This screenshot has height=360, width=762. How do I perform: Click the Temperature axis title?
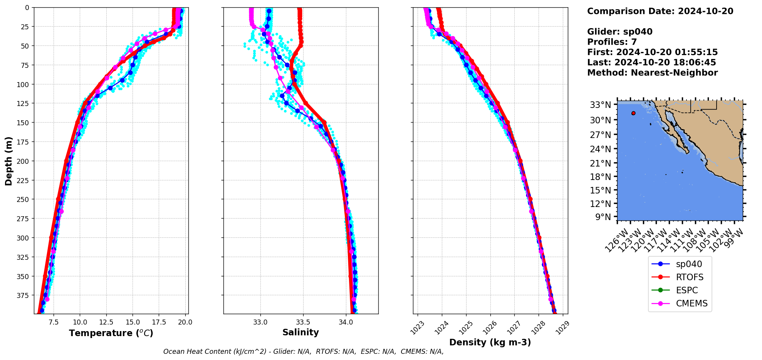pos(111,333)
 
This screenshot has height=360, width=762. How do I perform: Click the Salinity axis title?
pos(300,332)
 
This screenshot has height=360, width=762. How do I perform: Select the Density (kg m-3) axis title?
pos(490,342)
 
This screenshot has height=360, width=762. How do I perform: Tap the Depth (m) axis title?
pos(9,161)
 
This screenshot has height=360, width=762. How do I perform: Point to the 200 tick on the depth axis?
pos(23,161)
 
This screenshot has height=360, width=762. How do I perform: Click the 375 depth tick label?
pos(23,295)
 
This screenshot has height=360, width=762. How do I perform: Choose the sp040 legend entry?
pos(689,264)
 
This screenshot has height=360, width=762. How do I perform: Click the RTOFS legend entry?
pos(690,277)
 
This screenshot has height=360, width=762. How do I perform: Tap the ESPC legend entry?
pos(687,290)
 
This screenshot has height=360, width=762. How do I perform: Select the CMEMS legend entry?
pos(692,303)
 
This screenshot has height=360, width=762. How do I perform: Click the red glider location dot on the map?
pos(633,113)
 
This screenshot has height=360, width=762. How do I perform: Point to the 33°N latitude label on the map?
pos(601,105)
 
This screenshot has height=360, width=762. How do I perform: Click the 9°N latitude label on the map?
pos(603,217)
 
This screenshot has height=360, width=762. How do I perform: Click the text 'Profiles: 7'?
pos(612,42)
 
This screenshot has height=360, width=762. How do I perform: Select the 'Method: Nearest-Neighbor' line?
pos(652,73)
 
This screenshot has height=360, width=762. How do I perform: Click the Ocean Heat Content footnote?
pos(303,352)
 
